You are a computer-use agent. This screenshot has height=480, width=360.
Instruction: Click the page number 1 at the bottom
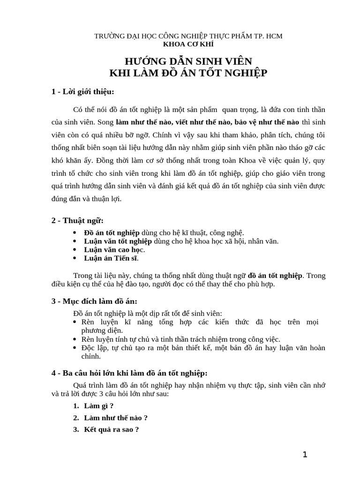(x=305, y=454)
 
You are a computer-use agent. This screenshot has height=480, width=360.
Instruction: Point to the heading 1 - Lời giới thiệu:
(x=83, y=91)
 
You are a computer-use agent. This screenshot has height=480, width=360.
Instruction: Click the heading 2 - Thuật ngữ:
(x=77, y=220)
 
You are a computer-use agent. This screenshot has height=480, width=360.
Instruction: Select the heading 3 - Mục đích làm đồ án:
(x=94, y=301)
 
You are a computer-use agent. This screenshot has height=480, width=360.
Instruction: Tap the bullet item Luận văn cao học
(x=114, y=249)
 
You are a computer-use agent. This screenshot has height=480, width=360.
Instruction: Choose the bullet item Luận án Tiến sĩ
(x=111, y=258)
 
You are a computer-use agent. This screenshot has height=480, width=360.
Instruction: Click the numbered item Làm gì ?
(x=99, y=405)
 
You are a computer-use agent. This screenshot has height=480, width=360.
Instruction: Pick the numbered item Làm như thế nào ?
(x=116, y=417)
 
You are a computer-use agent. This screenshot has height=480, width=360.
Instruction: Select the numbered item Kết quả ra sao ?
(x=111, y=429)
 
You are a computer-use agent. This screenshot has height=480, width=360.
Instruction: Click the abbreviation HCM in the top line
(x=274, y=36)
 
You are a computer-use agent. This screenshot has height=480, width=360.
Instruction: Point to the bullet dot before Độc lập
(x=76, y=348)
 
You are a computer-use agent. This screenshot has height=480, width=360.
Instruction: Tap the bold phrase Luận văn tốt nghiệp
(x=118, y=241)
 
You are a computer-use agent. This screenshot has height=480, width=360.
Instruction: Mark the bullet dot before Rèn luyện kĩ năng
(x=76, y=322)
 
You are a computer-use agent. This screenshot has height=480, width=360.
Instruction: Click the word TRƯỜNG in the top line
(x=109, y=36)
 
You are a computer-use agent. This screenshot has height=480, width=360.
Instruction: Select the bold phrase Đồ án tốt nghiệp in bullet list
(x=112, y=232)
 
